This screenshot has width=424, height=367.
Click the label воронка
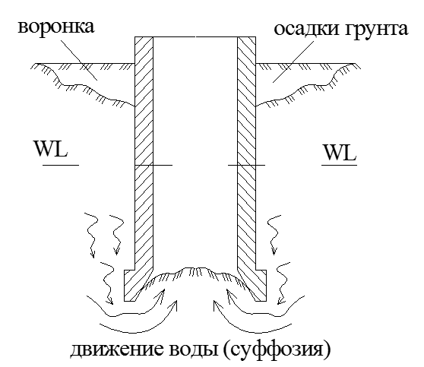56,27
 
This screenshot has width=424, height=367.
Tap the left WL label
51,149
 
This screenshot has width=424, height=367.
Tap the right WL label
340,153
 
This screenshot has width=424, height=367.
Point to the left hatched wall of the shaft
144,151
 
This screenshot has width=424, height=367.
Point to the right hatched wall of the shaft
247,151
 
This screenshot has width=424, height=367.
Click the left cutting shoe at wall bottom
135,286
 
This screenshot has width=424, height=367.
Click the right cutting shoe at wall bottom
255,286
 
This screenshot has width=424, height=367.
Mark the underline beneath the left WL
61,165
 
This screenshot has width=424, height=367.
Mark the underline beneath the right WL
339,165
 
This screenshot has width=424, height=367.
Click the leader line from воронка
79,60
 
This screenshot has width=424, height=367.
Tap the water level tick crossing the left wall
153,165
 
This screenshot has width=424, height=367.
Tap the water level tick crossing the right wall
247,165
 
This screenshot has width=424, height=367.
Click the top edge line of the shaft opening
195,36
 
